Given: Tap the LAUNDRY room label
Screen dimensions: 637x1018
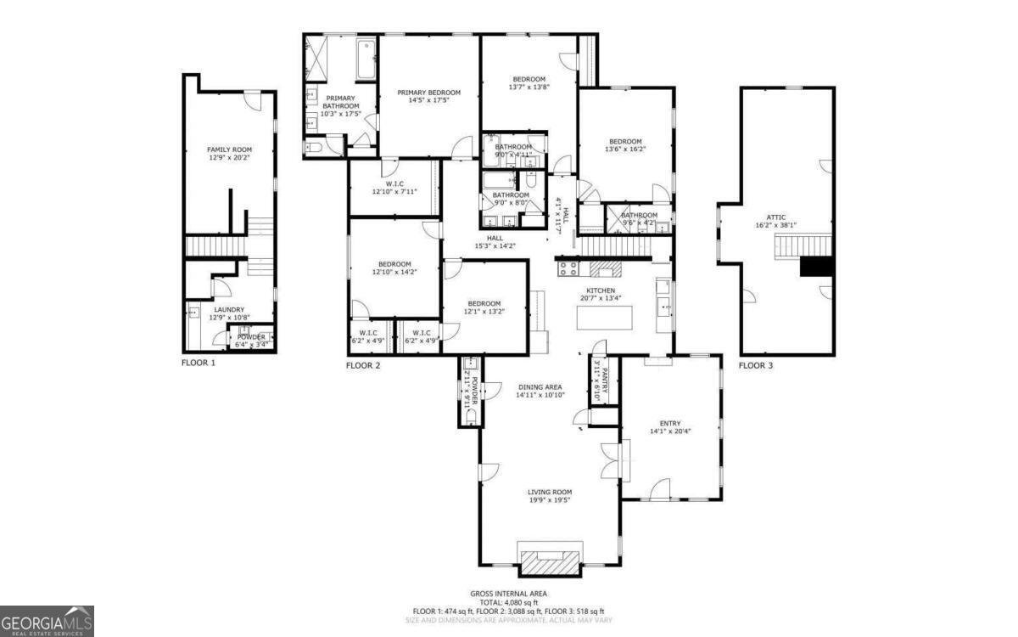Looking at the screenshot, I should [229, 313].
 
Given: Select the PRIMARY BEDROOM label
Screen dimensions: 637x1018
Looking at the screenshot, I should [428, 96].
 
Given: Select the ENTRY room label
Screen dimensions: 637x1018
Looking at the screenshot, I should [670, 426].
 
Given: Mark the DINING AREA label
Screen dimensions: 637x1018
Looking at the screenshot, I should [540, 391].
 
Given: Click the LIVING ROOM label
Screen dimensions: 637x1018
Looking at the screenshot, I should [550, 495].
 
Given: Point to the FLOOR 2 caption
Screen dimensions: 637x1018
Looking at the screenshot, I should [363, 366].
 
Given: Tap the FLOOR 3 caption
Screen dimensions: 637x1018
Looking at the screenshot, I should [755, 366].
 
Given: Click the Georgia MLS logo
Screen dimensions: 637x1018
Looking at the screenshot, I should [47, 621].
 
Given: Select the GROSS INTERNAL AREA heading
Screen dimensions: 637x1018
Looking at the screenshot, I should [509, 594].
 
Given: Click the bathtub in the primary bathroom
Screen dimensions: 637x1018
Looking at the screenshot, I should [366, 59].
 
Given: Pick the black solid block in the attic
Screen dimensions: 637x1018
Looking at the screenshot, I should [816, 267].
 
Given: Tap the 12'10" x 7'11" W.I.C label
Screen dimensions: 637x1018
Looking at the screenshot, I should [394, 187].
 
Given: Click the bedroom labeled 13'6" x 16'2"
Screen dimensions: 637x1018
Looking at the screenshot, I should [624, 145].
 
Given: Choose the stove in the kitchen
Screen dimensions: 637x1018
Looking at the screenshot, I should [568, 268].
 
